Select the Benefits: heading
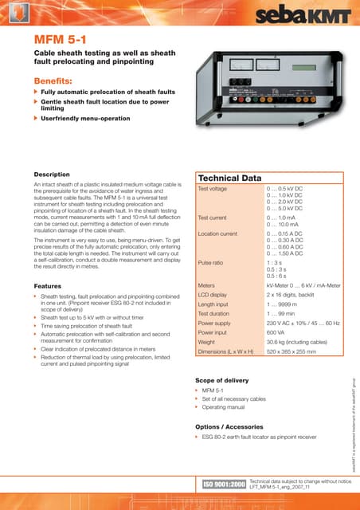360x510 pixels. coord(60,81)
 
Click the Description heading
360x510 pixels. coord(53,175)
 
